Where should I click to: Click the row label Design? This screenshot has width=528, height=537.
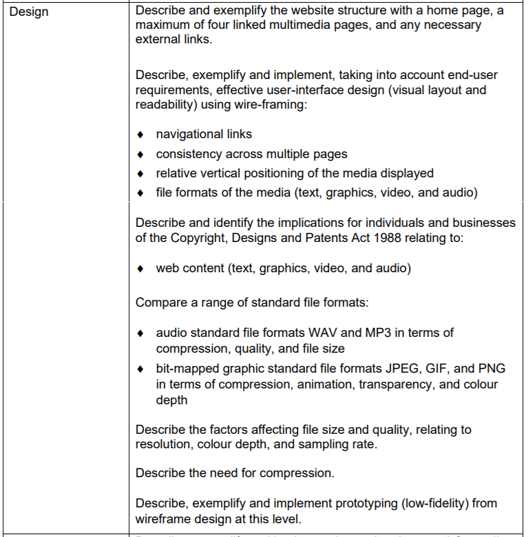[x=30, y=12]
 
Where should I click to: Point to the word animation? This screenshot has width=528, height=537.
[x=326, y=385]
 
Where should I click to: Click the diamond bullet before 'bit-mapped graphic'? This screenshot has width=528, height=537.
[x=141, y=369]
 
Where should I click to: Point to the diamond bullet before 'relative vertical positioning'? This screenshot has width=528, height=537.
[x=141, y=174]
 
